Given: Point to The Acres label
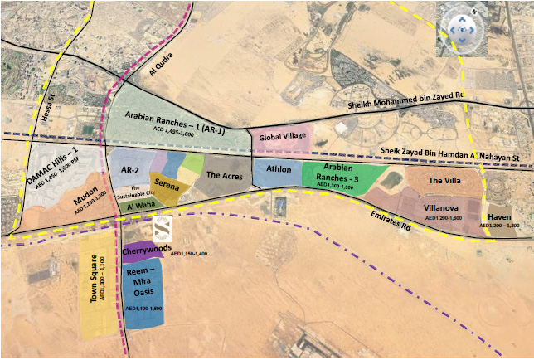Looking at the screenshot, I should [x=223, y=175].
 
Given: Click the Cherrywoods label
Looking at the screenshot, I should [x=146, y=248].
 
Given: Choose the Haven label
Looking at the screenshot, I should [x=498, y=216].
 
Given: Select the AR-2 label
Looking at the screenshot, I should [x=129, y=170].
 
